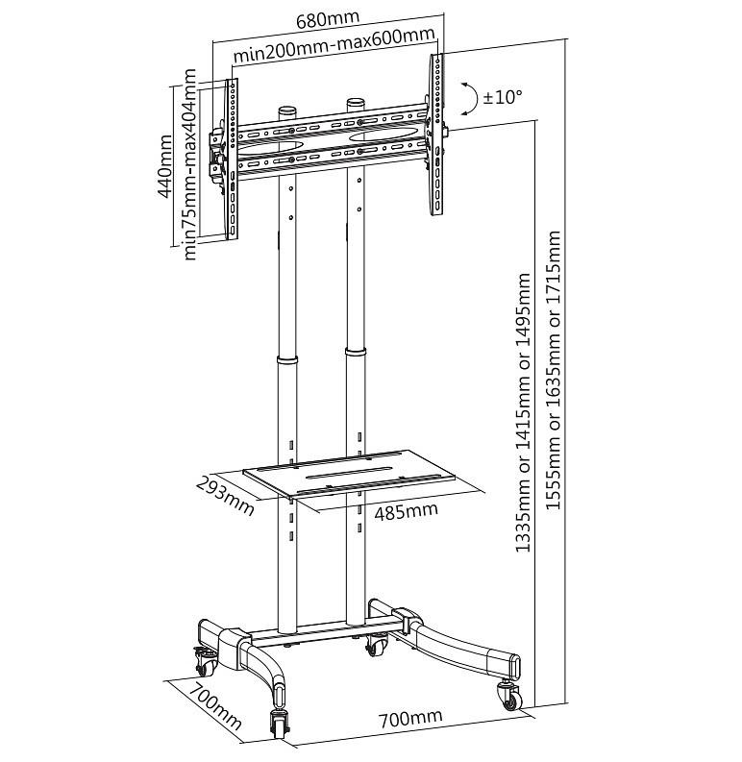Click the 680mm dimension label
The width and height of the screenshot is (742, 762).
[x=328, y=20]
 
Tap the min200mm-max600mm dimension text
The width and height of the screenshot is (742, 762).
[x=334, y=46]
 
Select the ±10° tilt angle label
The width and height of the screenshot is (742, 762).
[x=503, y=97]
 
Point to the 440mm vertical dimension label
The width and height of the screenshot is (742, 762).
[x=164, y=166]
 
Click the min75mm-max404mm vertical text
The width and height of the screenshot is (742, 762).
[x=188, y=164]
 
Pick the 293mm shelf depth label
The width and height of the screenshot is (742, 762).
[x=225, y=495]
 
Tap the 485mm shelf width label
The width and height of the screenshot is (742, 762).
[x=406, y=511]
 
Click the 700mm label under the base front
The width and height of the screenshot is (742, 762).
[x=410, y=718]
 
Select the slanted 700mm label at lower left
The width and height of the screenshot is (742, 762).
[x=215, y=705]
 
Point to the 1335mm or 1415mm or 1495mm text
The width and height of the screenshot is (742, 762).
[x=523, y=412]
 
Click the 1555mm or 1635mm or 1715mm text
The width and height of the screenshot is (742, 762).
[x=554, y=370]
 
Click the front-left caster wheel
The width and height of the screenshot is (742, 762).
[x=280, y=725]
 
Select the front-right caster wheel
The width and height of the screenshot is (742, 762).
[x=509, y=696]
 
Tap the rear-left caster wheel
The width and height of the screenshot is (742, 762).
[x=206, y=661]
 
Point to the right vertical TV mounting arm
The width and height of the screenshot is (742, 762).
[x=436, y=135]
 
